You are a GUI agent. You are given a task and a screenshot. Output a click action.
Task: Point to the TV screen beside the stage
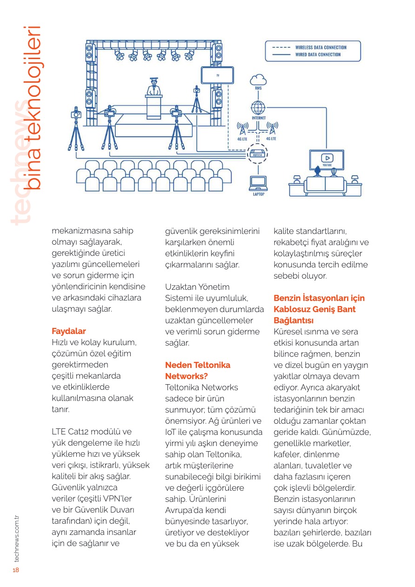pyautogui.click(x=217, y=75)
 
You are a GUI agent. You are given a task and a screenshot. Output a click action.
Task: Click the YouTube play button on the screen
pyautogui.click(x=327, y=158)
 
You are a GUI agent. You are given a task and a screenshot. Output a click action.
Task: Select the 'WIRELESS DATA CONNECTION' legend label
pyautogui.click(x=321, y=47)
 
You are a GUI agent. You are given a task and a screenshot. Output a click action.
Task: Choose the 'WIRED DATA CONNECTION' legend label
pyautogui.click(x=318, y=54)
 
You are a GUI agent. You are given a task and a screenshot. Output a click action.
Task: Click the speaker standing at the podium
pyautogui.click(x=153, y=87)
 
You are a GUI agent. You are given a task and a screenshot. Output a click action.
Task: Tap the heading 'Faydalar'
pyautogui.click(x=69, y=331)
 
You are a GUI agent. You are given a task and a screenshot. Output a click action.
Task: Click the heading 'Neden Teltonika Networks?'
pyautogui.click(x=198, y=370)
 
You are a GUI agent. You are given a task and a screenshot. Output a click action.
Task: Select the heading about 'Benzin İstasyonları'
pyautogui.click(x=319, y=309)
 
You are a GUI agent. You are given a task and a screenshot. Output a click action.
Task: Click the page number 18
pyautogui.click(x=15, y=571)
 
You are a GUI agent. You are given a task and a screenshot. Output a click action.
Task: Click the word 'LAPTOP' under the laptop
pyautogui.click(x=259, y=194)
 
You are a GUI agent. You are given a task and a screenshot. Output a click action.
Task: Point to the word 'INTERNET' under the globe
pyautogui.click(x=258, y=118)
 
